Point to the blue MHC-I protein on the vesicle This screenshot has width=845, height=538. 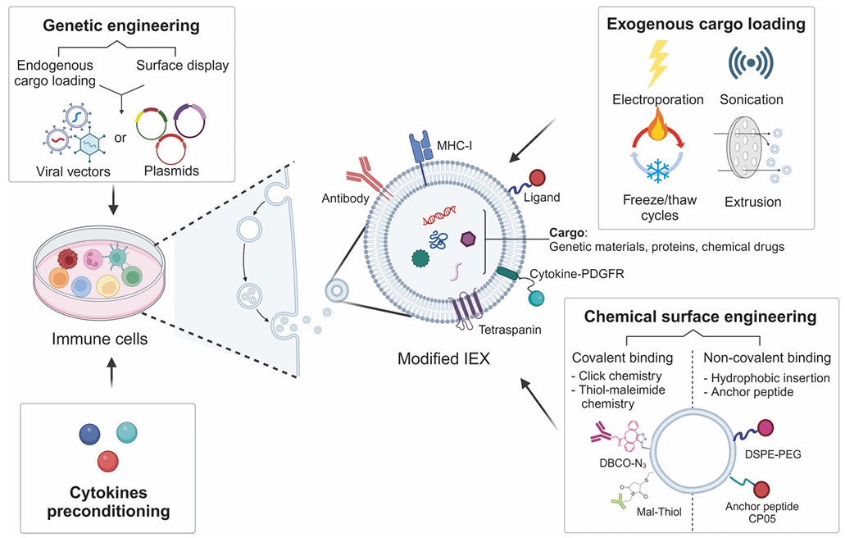click(421, 149)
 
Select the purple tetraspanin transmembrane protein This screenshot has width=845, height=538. click(470, 312)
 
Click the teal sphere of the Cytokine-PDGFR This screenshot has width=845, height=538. click(536, 299)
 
